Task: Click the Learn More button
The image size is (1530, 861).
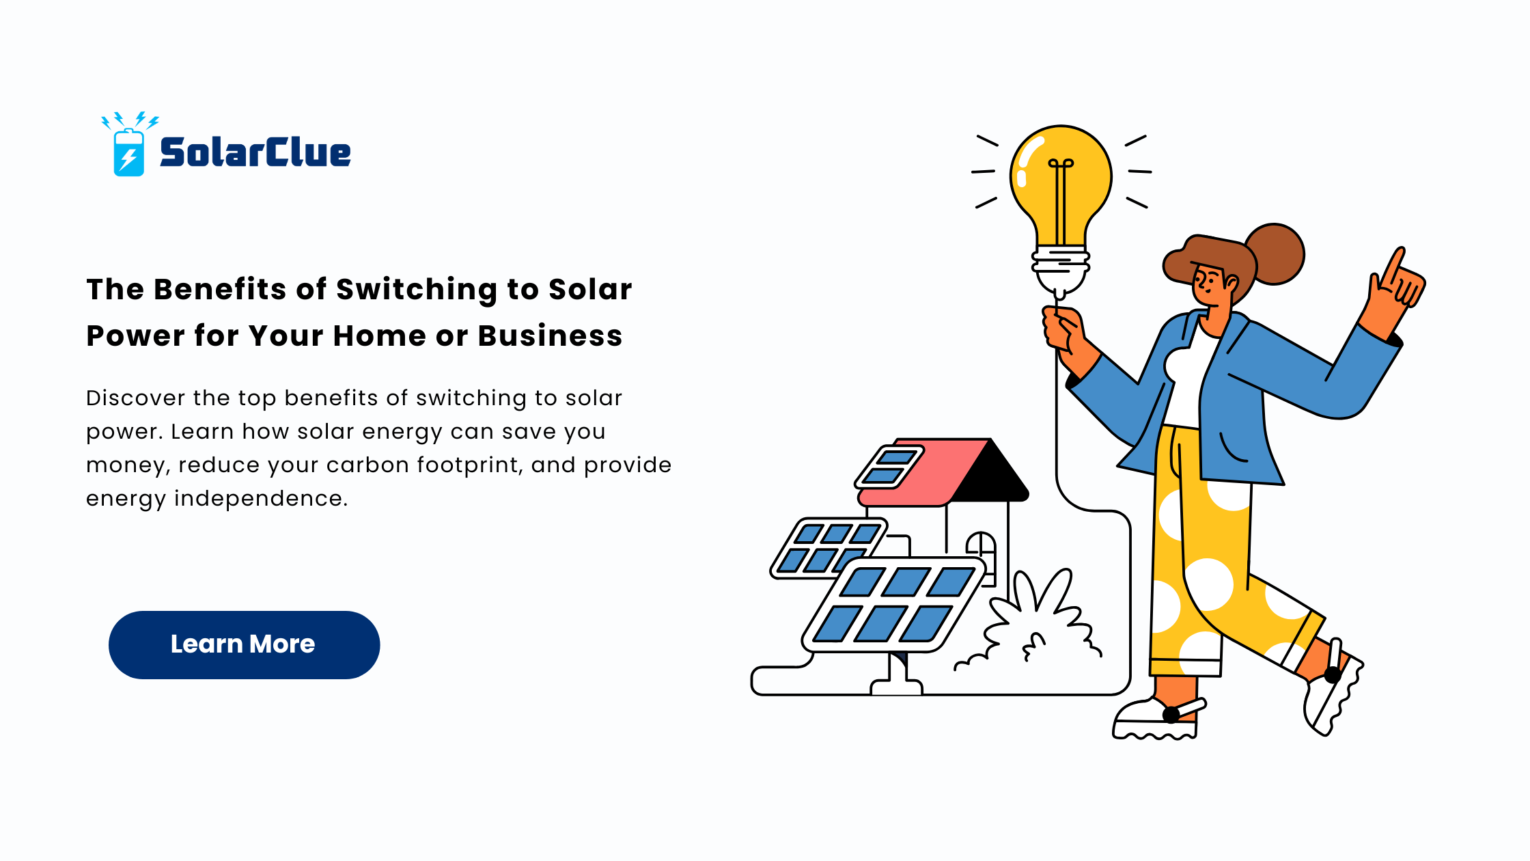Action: point(244,644)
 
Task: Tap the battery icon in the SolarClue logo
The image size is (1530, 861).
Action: point(129,152)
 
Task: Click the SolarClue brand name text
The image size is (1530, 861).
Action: point(255,152)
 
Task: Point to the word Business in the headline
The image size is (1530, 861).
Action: point(550,336)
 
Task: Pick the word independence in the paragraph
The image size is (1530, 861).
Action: point(261,499)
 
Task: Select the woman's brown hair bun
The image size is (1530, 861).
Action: point(1275,254)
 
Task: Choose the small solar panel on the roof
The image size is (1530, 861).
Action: point(889,467)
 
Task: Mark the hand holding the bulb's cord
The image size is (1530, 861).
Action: point(1063,331)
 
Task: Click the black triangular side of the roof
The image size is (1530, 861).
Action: point(990,471)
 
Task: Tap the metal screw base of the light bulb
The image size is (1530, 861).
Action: point(1060,262)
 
